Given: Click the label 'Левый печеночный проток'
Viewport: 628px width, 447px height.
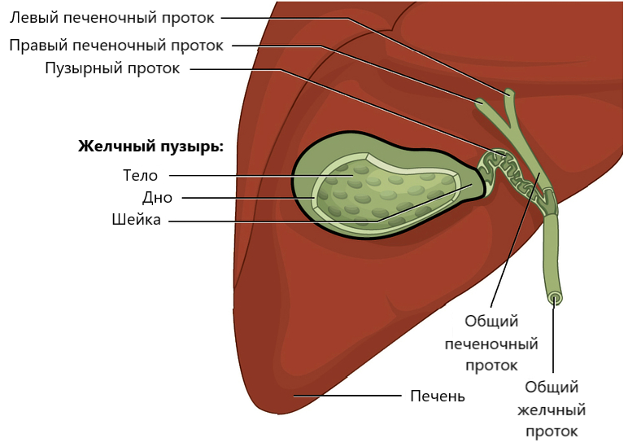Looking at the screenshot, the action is click(111, 18).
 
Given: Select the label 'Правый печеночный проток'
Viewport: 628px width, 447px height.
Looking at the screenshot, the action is click(116, 46).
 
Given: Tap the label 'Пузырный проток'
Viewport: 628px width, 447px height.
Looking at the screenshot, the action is click(112, 68).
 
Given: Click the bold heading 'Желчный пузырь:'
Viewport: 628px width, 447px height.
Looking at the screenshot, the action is click(150, 147).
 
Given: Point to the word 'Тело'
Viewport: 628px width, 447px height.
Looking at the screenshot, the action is click(140, 176).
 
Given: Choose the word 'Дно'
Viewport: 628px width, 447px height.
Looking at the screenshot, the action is click(157, 198).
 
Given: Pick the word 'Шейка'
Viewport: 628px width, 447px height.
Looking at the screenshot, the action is click(136, 220).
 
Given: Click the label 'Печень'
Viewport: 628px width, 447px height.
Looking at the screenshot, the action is click(438, 396).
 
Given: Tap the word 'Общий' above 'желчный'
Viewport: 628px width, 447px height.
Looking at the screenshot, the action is click(552, 388).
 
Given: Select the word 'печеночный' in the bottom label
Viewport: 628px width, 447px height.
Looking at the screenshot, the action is click(491, 344).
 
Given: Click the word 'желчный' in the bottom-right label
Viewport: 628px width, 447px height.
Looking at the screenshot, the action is click(552, 410).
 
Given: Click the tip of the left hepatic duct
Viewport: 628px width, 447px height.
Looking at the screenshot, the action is click(509, 93).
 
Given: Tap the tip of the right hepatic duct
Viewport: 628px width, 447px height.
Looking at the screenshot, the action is click(479, 102).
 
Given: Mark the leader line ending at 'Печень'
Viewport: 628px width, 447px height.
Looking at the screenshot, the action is click(347, 396).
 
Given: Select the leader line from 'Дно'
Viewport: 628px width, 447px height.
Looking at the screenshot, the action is click(248, 198).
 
